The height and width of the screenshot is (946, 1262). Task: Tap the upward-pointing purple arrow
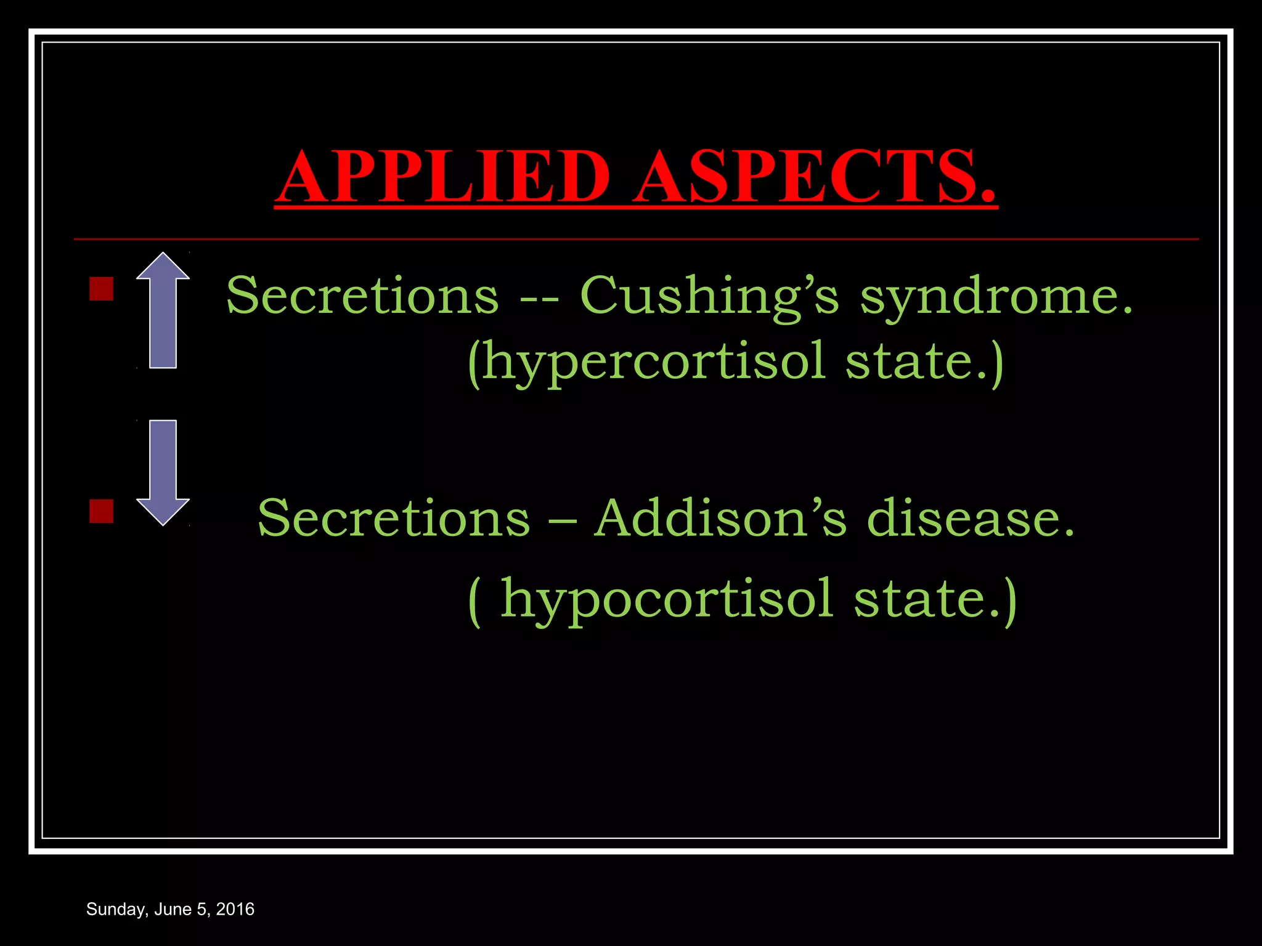[x=163, y=310]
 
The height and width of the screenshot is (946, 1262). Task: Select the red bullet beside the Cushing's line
[x=102, y=288]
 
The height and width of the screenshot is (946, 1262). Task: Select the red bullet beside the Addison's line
[x=102, y=511]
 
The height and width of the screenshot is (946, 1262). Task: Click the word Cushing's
[x=709, y=296]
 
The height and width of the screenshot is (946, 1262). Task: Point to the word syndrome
[x=996, y=296]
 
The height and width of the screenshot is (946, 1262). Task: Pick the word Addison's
[x=720, y=518]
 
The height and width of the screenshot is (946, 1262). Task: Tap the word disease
[x=971, y=518]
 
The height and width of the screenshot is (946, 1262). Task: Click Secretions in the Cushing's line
[x=362, y=296]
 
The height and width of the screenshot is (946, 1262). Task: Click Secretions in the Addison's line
[x=394, y=518]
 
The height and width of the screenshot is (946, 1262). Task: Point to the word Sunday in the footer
[x=116, y=910]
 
